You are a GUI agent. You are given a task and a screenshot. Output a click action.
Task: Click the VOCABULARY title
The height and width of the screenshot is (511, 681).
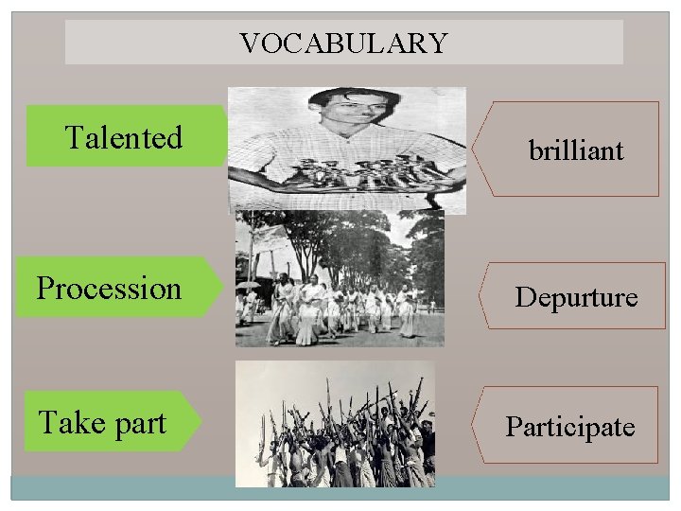pos(343,43)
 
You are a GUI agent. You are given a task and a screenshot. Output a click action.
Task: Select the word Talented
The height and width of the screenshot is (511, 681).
pos(123,138)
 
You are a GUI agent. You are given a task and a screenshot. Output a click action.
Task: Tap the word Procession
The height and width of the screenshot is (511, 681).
pos(109,288)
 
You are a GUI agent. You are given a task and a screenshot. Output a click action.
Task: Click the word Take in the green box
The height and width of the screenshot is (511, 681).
pos(70,422)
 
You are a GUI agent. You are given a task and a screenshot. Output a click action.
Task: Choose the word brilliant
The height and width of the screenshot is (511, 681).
pos(576,150)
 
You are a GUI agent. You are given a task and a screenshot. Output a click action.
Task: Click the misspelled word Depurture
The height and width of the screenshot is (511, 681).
pos(576,297)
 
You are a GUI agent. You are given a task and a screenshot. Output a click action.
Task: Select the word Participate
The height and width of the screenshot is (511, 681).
pos(570,427)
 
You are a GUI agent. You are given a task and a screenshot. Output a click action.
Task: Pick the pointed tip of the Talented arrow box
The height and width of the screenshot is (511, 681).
pos(230,137)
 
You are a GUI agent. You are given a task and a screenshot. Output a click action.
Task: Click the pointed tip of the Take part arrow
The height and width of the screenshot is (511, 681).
pos(201,421)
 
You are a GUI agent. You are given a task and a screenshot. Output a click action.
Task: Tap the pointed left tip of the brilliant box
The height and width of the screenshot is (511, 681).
pos(474,149)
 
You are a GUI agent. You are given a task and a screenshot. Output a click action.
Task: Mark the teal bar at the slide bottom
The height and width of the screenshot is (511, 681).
pos(340,487)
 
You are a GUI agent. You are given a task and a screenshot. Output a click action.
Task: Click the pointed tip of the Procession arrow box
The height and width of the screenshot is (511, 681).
pos(222,286)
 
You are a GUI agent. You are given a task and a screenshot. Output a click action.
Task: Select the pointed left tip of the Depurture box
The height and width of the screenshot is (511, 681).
pos(484,296)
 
